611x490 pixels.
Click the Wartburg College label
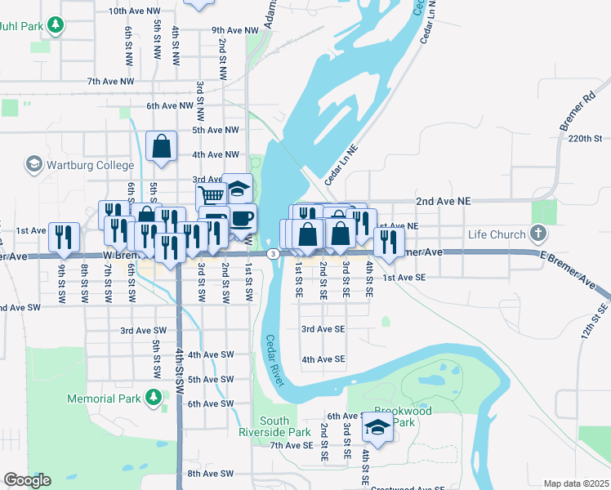click(x=89, y=164)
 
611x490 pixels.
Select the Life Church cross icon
click(x=537, y=234)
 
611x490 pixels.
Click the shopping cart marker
click(x=211, y=196)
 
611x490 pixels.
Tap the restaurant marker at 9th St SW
click(x=64, y=236)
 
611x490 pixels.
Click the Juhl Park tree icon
click(x=55, y=25)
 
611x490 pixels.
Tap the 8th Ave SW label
click(x=211, y=474)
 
